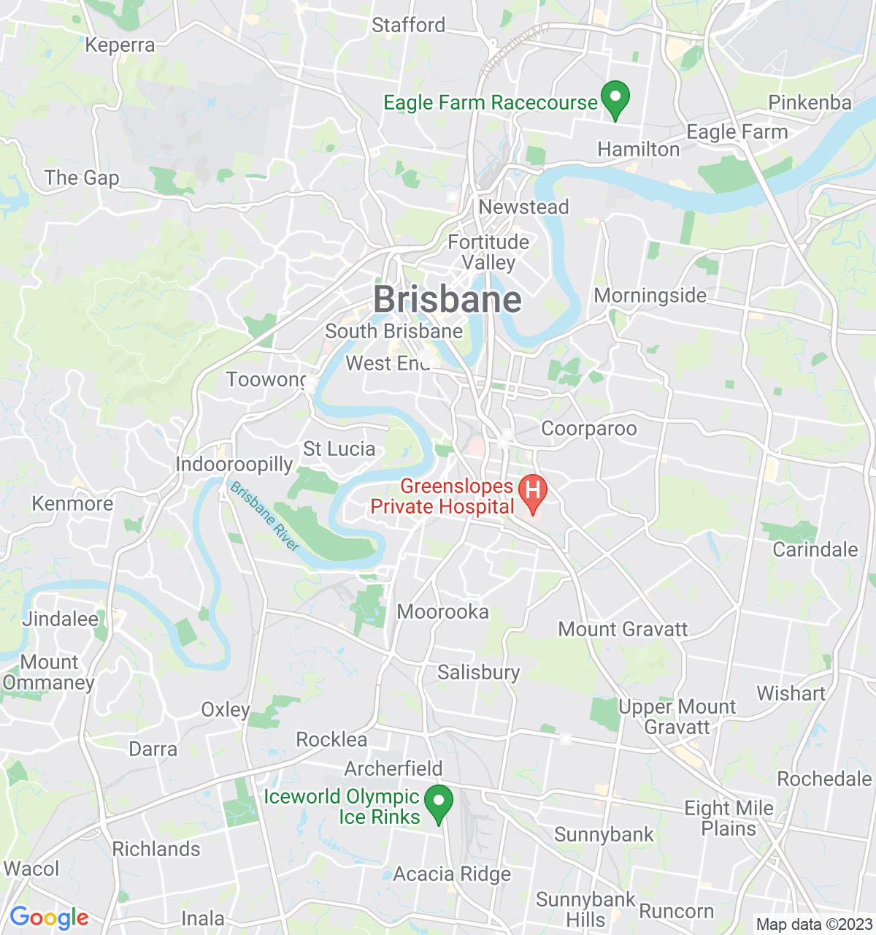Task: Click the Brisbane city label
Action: [447, 300]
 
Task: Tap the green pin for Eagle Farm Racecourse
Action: [615, 100]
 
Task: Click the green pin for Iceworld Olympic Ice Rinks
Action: [439, 804]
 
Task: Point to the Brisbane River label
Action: [264, 516]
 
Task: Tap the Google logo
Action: [49, 917]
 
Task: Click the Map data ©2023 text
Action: [813, 925]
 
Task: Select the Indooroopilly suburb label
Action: [234, 465]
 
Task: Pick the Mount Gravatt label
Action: [623, 629]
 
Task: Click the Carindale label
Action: [815, 550]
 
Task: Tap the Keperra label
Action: [120, 45]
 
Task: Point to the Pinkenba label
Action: [810, 102]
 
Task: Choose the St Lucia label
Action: [339, 449]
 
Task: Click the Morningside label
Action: [650, 296]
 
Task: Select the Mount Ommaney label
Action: [49, 673]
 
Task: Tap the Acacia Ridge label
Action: [452, 874]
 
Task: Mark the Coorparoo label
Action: [588, 429]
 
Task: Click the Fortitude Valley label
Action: [488, 252]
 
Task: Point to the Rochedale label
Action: [824, 779]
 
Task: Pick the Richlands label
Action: [156, 850]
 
